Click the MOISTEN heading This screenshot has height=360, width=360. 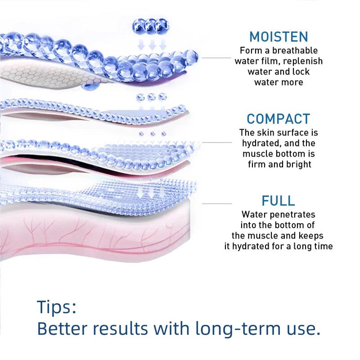point(279,37)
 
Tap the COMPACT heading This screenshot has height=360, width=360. point(279,119)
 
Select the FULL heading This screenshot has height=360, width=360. point(278,201)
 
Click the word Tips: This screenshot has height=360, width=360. point(57,307)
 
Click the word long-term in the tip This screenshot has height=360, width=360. point(238,328)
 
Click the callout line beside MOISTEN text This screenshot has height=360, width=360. point(216,58)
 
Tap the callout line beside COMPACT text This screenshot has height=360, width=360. point(217,143)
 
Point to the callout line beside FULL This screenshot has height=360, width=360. point(217,204)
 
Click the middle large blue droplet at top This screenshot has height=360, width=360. point(151,26)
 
